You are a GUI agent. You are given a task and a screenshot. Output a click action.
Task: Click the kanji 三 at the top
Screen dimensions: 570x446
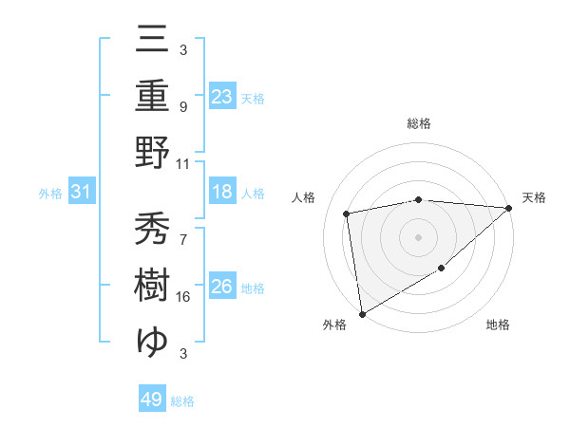pos(152,38)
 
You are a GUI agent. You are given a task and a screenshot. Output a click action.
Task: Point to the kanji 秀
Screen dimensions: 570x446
pos(152,229)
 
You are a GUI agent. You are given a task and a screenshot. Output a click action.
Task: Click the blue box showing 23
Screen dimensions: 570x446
pos(221,96)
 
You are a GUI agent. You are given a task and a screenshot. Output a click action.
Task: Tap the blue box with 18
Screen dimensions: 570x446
pos(221,192)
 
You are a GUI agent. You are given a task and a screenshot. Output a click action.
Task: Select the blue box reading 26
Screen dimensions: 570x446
pos(221,287)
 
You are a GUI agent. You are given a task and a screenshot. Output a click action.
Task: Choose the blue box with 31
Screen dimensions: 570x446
pos(82,192)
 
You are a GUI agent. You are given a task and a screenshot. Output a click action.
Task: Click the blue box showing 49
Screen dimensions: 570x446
pos(151,400)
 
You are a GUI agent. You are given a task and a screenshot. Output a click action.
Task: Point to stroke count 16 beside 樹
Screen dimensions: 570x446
pos(183,297)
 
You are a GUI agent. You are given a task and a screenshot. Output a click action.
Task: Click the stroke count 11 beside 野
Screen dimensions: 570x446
pos(183,163)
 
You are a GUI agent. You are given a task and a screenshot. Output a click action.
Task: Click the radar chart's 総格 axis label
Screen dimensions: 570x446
pos(418,123)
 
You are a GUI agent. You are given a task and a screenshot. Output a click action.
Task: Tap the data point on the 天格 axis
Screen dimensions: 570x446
pos(508,209)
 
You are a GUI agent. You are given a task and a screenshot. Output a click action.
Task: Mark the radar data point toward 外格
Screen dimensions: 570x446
pos(362,313)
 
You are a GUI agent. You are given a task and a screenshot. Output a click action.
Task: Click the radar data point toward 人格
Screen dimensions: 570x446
pos(348,214)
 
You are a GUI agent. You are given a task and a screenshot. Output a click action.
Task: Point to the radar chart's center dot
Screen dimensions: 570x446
pos(418,236)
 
